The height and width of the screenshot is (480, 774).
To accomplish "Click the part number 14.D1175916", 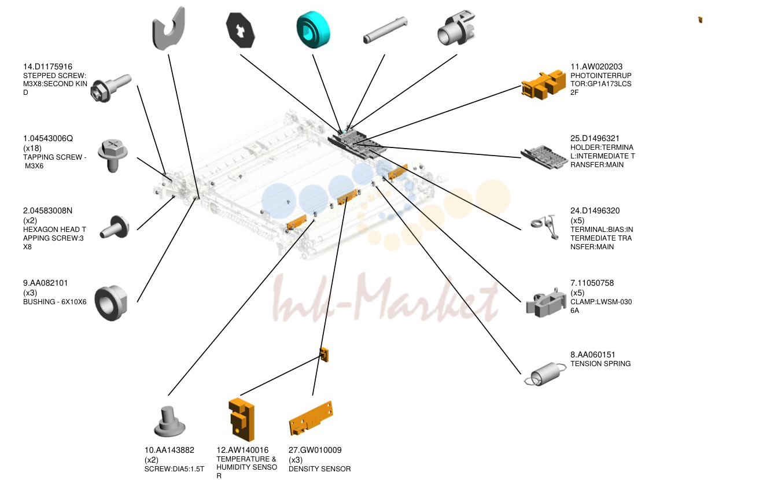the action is [x=47, y=67].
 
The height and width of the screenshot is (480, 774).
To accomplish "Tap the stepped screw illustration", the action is [x=110, y=88].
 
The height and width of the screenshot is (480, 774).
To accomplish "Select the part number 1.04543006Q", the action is [x=48, y=138].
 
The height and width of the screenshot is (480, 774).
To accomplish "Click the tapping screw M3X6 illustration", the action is [x=113, y=156].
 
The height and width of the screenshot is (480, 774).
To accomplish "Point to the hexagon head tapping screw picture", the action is [x=115, y=227].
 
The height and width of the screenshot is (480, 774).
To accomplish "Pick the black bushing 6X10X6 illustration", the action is [x=111, y=303].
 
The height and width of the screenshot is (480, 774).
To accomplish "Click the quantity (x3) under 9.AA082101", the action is [x=30, y=293].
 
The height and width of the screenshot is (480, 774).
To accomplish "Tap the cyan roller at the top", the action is [x=314, y=29].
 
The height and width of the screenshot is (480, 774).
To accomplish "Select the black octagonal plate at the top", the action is [x=241, y=30].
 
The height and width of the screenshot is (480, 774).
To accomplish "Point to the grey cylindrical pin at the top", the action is [x=385, y=30].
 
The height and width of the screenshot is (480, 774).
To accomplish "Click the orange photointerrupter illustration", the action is [x=544, y=84].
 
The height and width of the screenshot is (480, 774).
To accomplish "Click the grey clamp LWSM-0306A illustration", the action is [x=546, y=303].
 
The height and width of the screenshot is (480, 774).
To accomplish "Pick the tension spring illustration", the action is [x=546, y=374].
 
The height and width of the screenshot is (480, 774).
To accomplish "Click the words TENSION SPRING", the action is [x=600, y=364].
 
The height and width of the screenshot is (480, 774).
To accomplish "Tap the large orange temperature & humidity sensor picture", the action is [x=242, y=420].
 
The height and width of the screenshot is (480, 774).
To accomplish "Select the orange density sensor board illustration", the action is [x=311, y=418].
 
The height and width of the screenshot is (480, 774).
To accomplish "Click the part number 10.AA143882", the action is [x=169, y=451].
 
